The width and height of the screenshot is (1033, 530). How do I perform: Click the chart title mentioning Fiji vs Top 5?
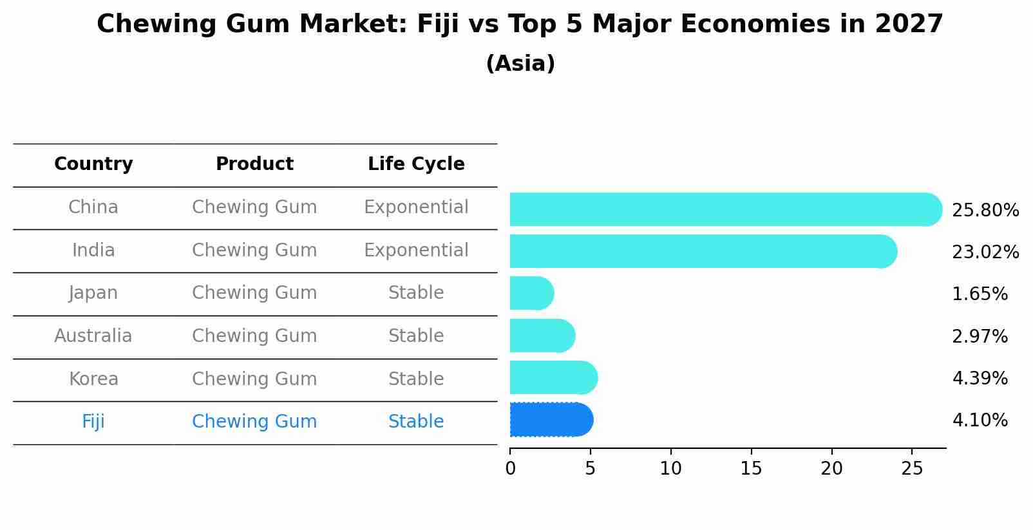[x=520, y=24]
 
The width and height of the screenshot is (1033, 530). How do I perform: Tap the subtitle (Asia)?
[x=520, y=64]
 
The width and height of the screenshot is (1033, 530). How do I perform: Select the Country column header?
[x=93, y=164]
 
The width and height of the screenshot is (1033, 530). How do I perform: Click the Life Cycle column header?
[x=416, y=164]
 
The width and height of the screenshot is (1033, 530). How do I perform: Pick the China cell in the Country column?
[x=93, y=207]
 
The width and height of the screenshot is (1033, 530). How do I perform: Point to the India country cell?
[x=93, y=250]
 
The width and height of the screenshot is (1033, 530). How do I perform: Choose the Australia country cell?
[x=93, y=336]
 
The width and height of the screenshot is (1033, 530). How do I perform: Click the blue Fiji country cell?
[x=93, y=422]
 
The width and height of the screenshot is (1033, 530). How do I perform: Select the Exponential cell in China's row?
[x=416, y=207]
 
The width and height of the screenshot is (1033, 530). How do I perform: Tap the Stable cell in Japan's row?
[x=416, y=293]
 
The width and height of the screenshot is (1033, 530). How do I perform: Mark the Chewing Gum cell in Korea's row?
[x=254, y=379]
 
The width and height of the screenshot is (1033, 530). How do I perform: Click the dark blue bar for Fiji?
[x=551, y=420]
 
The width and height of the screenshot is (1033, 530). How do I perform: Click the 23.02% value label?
[x=985, y=252]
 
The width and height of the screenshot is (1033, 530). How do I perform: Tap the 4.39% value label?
[x=980, y=378]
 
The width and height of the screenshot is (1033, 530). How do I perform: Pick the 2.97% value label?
[x=980, y=336]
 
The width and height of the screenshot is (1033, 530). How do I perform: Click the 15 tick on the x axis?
[x=751, y=469]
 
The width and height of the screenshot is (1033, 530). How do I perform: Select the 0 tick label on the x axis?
[x=510, y=469]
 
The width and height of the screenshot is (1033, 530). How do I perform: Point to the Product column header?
[x=254, y=164]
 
